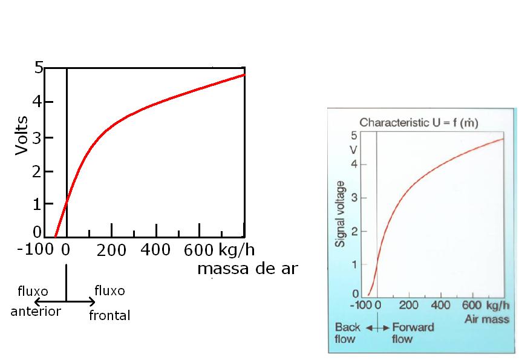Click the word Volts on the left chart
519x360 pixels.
tap(22, 136)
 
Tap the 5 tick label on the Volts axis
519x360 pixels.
tap(39, 68)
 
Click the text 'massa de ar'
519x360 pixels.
tap(247, 269)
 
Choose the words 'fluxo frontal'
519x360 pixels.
tap(109, 303)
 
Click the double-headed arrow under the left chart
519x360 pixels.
tap(65, 301)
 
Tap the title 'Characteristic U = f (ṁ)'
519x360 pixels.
tap(419, 123)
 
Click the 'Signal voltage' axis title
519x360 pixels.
tap(340, 214)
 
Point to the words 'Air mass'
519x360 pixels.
tap(486, 319)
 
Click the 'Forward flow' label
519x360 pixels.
tap(413, 333)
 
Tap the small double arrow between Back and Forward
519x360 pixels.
tap(377, 327)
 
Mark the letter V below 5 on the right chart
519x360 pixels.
tap(354, 149)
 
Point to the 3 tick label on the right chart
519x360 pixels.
tap(355, 198)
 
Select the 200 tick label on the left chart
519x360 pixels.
tap(111, 250)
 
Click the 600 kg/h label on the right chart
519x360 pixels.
tap(486, 305)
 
